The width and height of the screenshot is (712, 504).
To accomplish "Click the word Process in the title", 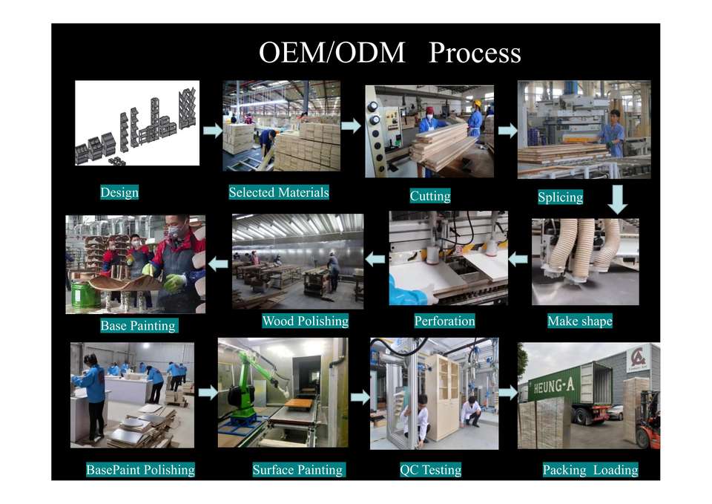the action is (475, 53).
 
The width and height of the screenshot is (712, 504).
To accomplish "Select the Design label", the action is (119, 192).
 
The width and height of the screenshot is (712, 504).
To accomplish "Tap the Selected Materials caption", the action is (279, 192).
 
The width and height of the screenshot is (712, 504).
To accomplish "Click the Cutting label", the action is (430, 196).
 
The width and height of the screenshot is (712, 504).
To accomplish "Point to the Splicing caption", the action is (561, 197).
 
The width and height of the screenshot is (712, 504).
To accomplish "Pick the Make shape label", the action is (580, 321).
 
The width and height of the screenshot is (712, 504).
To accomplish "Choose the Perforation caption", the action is (444, 321).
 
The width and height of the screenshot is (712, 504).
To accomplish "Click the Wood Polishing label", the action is (305, 321).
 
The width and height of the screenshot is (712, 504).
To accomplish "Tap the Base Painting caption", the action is (138, 325).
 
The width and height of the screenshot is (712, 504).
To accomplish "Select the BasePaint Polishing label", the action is (140, 469).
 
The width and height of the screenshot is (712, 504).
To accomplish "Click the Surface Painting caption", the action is (298, 469).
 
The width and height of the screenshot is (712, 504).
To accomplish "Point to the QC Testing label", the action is (430, 469).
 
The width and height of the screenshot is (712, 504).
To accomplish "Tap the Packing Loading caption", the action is (590, 469).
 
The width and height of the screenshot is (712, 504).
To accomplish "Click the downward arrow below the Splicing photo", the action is (618, 199).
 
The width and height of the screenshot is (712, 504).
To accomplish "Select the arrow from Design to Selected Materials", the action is (213, 131).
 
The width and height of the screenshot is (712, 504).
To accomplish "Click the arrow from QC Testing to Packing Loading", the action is (507, 393).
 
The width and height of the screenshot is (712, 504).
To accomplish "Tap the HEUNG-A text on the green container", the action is (553, 386).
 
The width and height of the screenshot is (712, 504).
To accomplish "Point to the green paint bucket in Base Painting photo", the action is (85, 295).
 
